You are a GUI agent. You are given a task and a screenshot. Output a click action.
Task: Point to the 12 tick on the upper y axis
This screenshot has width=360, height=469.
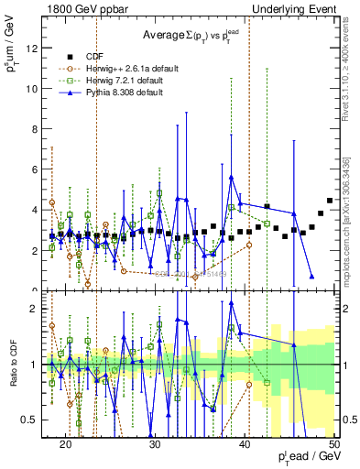click(37, 48)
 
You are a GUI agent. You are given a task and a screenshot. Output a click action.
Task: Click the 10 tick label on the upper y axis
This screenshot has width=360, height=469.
click(37, 89)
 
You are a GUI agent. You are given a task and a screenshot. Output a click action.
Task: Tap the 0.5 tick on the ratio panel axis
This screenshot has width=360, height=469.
click(35, 420)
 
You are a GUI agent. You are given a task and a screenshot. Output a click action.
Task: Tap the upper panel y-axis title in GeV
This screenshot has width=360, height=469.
click(11, 59)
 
